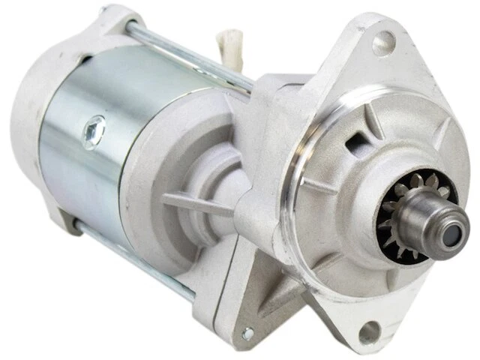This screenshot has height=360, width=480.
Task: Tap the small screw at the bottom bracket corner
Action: tap(248, 333)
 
